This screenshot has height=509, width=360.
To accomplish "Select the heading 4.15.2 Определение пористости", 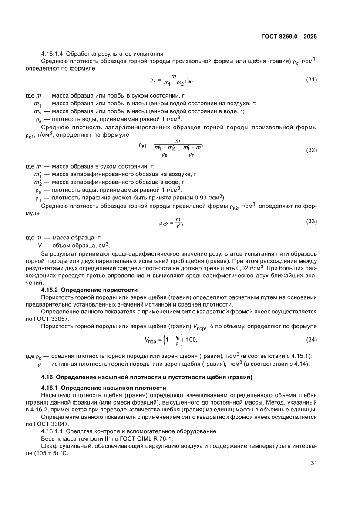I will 89,290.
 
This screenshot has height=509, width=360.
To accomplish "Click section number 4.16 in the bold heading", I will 47,376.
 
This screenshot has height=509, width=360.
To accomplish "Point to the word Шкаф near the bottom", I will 49,445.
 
